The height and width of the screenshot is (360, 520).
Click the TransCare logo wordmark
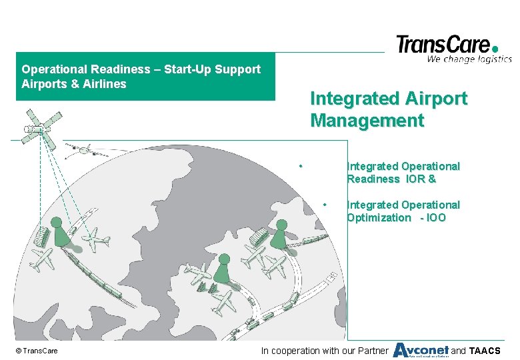[443, 45]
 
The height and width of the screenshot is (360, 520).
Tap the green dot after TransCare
[495, 48]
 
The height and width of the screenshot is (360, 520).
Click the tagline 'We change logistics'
[469, 59]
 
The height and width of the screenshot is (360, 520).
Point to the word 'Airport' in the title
[437, 99]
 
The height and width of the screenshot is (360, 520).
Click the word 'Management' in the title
[367, 121]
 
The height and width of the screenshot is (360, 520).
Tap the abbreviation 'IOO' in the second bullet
[434, 218]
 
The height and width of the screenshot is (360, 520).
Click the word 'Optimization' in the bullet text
[379, 218]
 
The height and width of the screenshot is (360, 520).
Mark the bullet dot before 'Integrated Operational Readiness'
[301, 165]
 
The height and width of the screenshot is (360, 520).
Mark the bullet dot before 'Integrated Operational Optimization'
[325, 204]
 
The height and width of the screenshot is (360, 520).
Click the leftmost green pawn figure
[59, 231]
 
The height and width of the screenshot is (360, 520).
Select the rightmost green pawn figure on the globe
[281, 233]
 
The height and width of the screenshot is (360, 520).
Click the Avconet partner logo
[420, 350]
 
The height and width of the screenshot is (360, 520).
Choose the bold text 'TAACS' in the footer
[485, 351]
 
